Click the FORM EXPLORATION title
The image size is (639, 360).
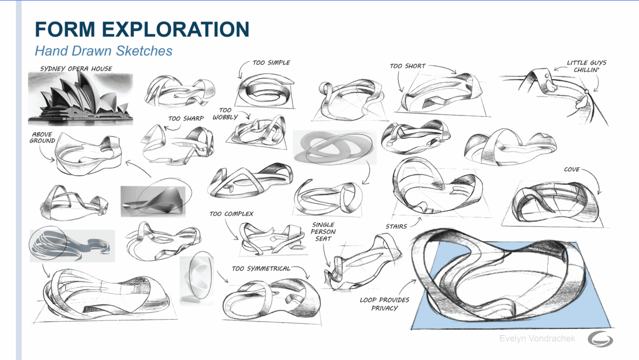pyautogui.click(x=142, y=29)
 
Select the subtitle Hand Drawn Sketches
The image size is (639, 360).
pyautogui.click(x=103, y=51)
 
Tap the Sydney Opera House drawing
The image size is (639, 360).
pyautogui.click(x=80, y=99)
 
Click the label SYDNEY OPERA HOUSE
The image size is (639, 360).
pyautogui.click(x=76, y=69)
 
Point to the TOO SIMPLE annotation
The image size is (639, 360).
pyautogui.click(x=271, y=63)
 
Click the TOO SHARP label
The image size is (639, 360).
pyautogui.click(x=186, y=119)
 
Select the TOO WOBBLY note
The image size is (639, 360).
pyautogui.click(x=225, y=114)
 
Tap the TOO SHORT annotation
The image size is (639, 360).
pyautogui.click(x=408, y=66)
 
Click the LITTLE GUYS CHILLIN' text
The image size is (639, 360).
pyautogui.click(x=587, y=66)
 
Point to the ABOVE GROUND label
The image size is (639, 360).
pyautogui.click(x=42, y=138)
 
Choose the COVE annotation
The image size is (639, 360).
pyautogui.click(x=572, y=170)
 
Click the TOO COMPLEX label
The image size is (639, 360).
pyautogui.click(x=231, y=214)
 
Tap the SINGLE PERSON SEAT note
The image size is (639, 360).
pyautogui.click(x=323, y=232)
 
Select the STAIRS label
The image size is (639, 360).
pyautogui.click(x=396, y=226)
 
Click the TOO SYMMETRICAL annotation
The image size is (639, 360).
pyautogui.click(x=261, y=269)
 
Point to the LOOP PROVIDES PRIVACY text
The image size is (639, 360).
pyautogui.click(x=385, y=304)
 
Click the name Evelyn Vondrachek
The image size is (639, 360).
pyautogui.click(x=537, y=338)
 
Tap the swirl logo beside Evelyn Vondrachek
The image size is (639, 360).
pyautogui.click(x=600, y=339)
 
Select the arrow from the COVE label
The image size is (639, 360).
pyautogui.click(x=596, y=178)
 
